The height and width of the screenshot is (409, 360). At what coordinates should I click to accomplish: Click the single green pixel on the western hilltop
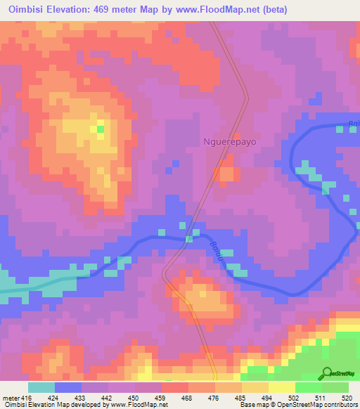click(x=100, y=129)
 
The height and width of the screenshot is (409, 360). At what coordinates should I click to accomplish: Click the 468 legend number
click(x=188, y=397)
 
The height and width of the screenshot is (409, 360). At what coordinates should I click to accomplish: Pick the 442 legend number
click(x=108, y=397)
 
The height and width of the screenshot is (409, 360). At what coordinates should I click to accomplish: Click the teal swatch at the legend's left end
click(x=41, y=387)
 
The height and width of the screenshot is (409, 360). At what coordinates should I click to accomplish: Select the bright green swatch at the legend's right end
click(x=335, y=387)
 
